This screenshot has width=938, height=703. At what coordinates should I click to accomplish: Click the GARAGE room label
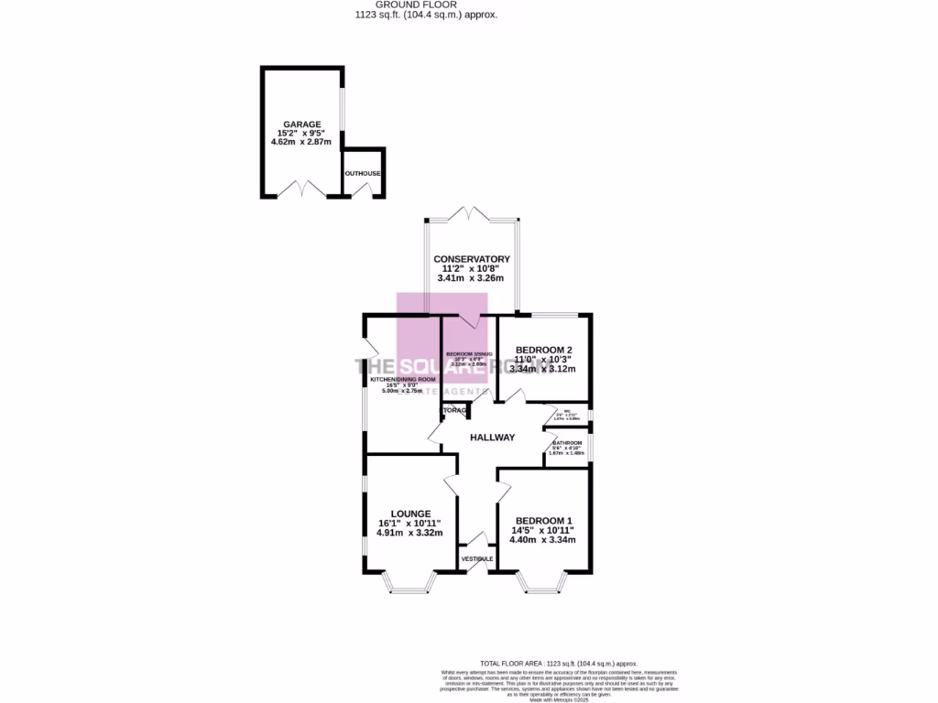tap(301, 124)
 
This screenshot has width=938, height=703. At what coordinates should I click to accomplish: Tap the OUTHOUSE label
tap(362, 173)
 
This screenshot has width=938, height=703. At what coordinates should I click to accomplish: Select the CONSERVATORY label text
tap(472, 259)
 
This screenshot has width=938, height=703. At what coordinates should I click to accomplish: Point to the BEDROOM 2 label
tap(543, 350)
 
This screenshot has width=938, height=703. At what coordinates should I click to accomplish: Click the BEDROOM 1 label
tap(544, 521)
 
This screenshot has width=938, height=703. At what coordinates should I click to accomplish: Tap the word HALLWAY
tap(493, 438)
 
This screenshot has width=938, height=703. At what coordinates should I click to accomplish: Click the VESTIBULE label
tap(477, 558)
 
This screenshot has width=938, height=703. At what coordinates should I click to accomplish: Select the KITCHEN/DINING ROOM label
tap(403, 378)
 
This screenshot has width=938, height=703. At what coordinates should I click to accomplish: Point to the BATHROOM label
tap(567, 443)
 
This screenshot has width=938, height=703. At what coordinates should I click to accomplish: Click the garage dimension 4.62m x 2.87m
tap(301, 142)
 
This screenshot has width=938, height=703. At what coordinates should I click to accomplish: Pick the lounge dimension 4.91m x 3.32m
tap(409, 533)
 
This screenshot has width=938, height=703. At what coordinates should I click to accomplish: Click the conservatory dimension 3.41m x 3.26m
tap(472, 278)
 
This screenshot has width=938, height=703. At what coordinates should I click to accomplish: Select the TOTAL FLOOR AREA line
tap(558, 663)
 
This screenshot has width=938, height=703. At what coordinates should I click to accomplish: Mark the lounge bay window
tap(408, 583)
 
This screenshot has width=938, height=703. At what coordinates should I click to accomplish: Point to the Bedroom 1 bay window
tap(544, 583)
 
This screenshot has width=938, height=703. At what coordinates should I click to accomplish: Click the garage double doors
tap(303, 190)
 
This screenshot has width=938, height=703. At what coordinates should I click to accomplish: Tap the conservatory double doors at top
tap(472, 216)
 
